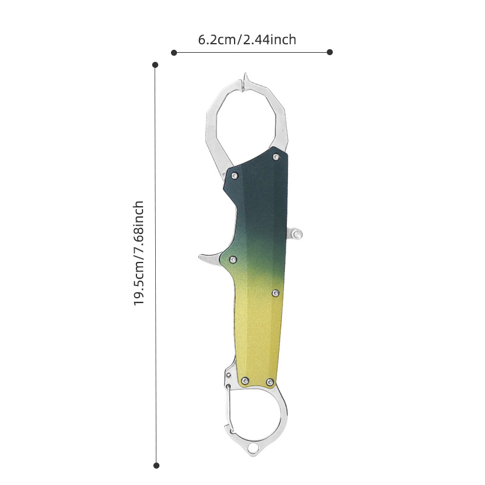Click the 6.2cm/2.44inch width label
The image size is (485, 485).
(x=247, y=40)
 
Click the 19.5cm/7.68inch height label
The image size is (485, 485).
(x=139, y=253)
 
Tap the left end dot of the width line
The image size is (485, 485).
(x=174, y=53)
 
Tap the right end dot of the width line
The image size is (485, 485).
(x=330, y=52)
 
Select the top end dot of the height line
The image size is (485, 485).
(x=155, y=64)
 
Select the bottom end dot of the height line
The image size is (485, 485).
(x=156, y=466)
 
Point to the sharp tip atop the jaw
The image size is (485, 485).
(x=246, y=78)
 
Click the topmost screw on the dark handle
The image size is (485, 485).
(x=276, y=157)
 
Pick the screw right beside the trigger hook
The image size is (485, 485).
(x=233, y=259)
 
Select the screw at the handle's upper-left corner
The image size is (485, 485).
(x=235, y=176)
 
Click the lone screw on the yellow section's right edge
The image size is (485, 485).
(x=276, y=293)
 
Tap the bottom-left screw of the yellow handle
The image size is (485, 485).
(x=246, y=381)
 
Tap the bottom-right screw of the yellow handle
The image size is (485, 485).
(x=270, y=382)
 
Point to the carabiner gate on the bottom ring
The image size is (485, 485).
(x=229, y=412)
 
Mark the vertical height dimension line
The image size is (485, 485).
(x=155, y=273)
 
